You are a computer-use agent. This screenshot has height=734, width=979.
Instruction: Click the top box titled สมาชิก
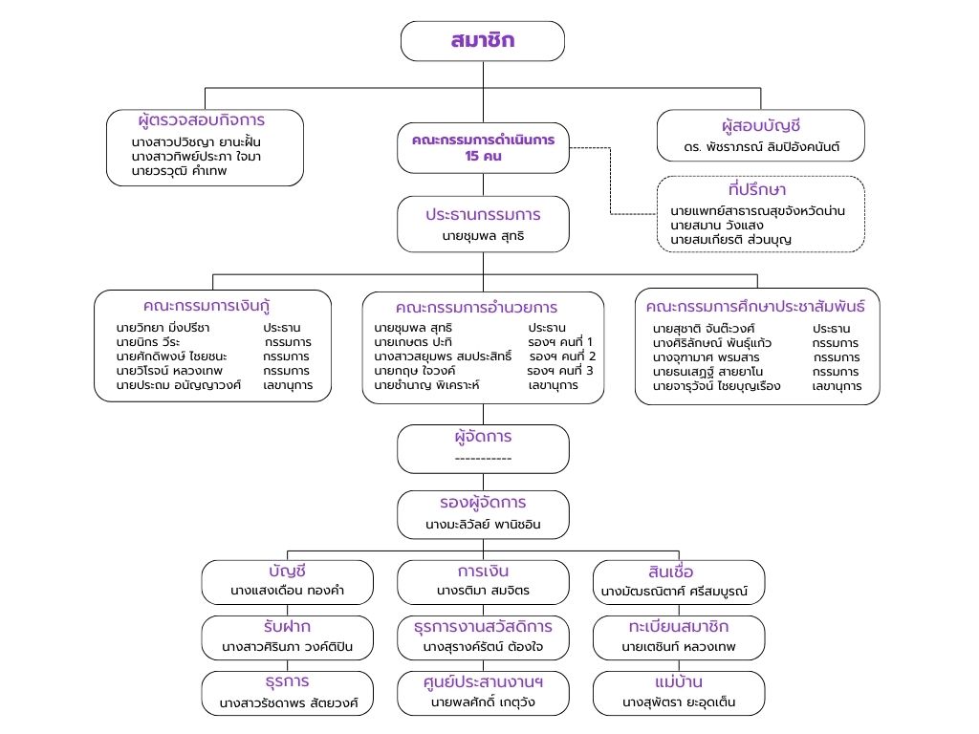482,41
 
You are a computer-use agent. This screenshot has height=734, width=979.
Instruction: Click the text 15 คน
483,157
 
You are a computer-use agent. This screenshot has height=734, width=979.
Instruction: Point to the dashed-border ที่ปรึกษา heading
760,190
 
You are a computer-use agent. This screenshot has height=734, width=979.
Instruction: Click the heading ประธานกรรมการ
483,214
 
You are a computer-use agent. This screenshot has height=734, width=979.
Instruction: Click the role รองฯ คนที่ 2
561,356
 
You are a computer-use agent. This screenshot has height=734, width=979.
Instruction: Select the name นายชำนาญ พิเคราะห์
426,384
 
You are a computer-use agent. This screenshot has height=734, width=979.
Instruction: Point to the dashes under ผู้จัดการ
483,458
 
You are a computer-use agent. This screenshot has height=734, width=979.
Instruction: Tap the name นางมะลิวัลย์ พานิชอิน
483,525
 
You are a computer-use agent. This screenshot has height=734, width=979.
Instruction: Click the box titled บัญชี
287,581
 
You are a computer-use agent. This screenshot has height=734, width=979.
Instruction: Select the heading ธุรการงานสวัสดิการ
483,627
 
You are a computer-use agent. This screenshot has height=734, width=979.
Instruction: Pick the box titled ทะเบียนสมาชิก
679,637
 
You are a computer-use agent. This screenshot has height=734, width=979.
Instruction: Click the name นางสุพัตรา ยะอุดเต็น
679,703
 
